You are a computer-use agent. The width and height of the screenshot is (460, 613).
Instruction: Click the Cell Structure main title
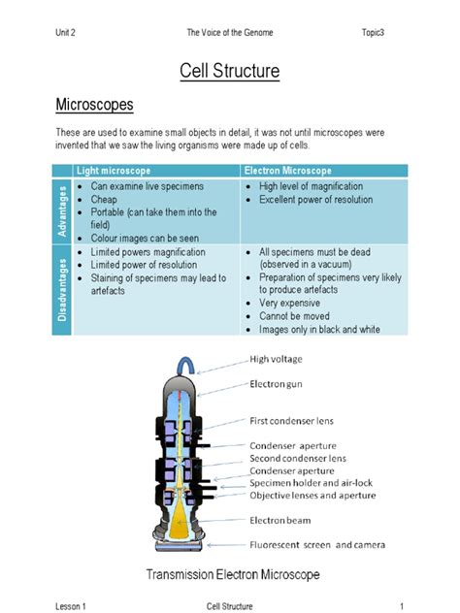pyautogui.click(x=230, y=71)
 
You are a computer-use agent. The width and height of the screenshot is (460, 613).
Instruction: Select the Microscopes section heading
pyautogui.click(x=94, y=105)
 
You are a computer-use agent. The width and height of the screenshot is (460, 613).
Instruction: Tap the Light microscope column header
pyautogui.click(x=114, y=171)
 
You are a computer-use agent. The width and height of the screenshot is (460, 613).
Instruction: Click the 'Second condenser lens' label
pyautogui.click(x=298, y=458)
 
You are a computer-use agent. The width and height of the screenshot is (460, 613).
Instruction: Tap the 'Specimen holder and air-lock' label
pyautogui.click(x=311, y=482)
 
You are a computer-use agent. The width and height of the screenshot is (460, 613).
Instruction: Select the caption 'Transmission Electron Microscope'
pyautogui.click(x=233, y=575)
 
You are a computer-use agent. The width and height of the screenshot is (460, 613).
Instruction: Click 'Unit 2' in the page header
pyautogui.click(x=66, y=33)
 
